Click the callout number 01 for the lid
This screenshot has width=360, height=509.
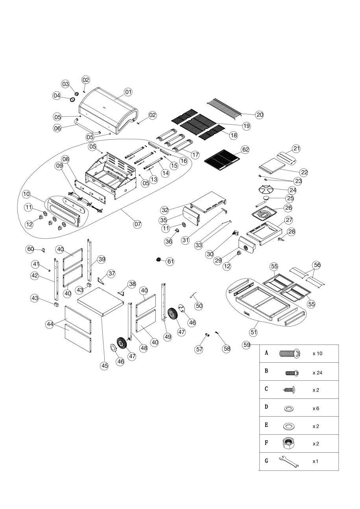[128, 92]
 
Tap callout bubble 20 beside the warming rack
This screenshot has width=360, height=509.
[259, 114]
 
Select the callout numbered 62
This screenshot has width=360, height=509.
[245, 150]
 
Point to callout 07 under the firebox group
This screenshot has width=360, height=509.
[137, 224]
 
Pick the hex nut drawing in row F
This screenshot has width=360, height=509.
[290, 443]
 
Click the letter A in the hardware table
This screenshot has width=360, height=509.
[267, 353]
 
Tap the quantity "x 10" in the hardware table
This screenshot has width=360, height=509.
[318, 353]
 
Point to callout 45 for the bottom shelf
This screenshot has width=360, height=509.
[104, 365]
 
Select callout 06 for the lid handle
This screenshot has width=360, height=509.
[58, 128]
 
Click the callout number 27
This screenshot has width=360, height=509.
[289, 219]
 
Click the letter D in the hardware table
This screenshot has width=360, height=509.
[267, 407]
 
